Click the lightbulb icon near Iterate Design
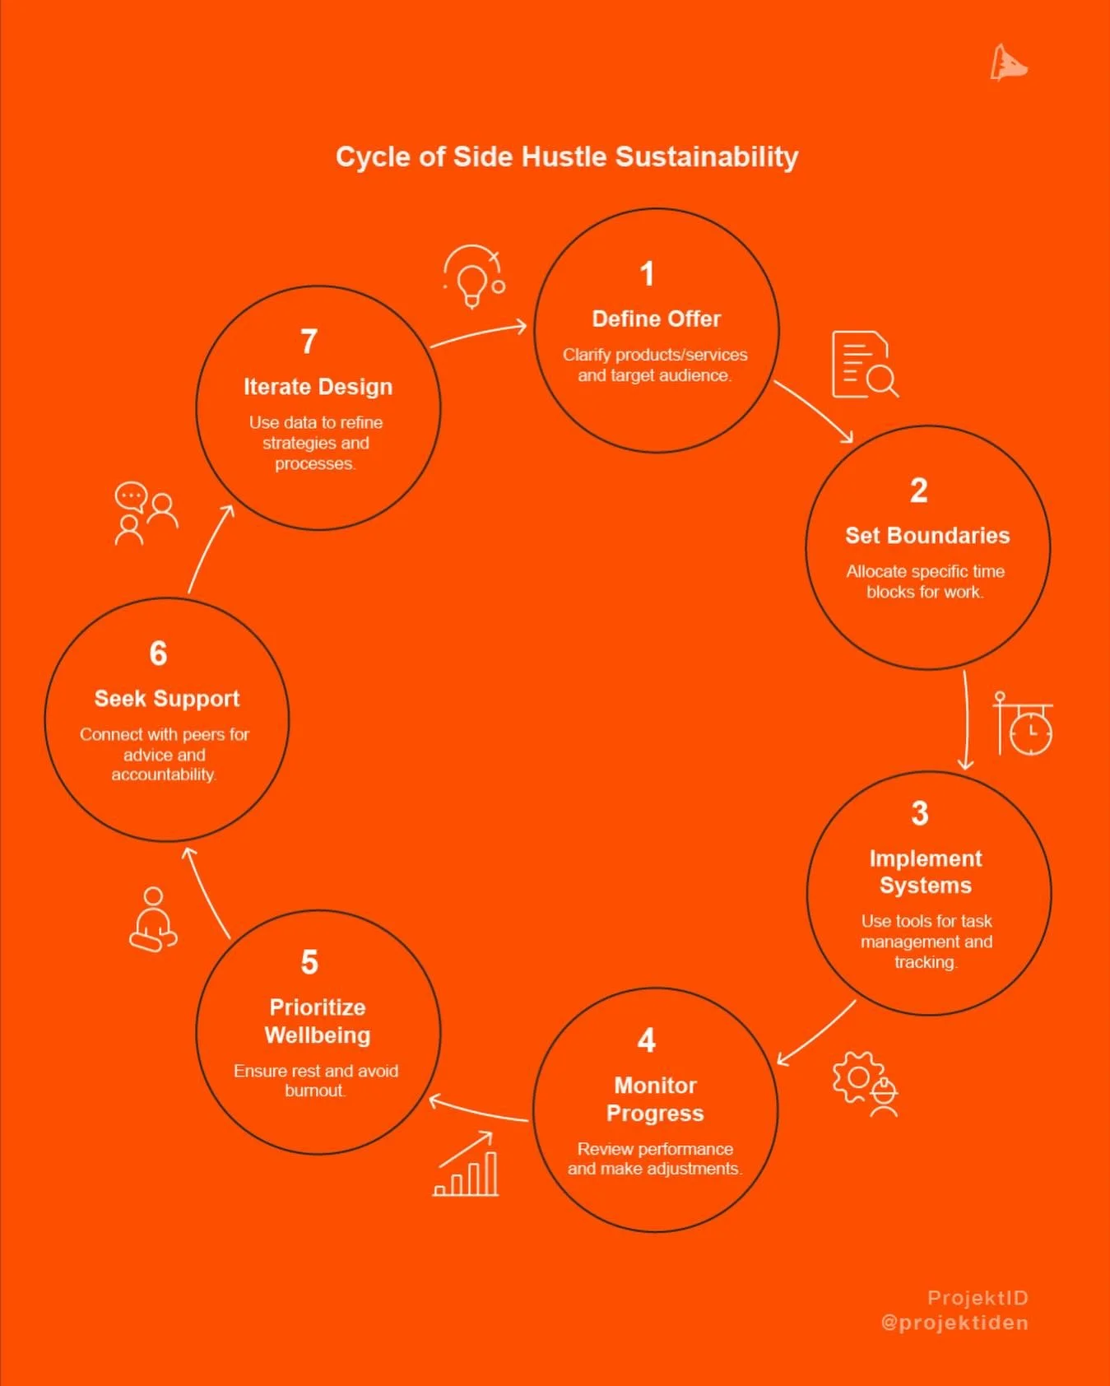click(472, 277)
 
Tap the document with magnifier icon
click(863, 365)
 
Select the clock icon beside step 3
click(1024, 724)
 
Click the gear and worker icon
click(865, 1083)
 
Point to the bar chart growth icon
click(467, 1165)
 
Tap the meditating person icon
click(153, 919)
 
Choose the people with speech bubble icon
click(145, 513)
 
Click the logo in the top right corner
click(1008, 63)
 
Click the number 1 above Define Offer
click(648, 274)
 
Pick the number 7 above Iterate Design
click(309, 342)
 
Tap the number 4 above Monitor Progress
click(647, 1040)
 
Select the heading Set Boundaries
click(927, 536)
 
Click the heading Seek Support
click(167, 699)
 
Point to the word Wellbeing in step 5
click(318, 1035)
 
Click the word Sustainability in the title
click(707, 157)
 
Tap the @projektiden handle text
click(954, 1323)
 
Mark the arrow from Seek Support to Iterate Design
click(210, 548)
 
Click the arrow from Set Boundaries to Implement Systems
click(967, 720)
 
